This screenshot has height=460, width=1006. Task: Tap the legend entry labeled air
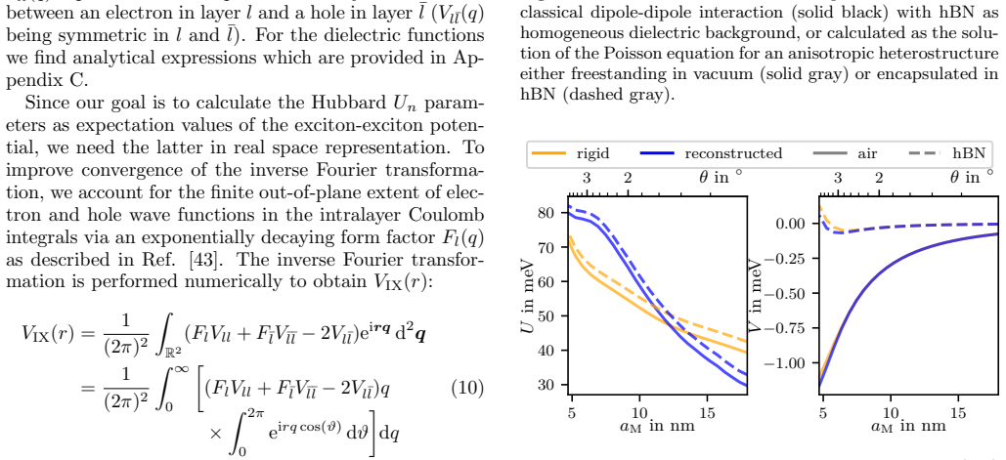tap(845, 153)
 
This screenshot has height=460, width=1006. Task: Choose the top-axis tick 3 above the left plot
tap(587, 178)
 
